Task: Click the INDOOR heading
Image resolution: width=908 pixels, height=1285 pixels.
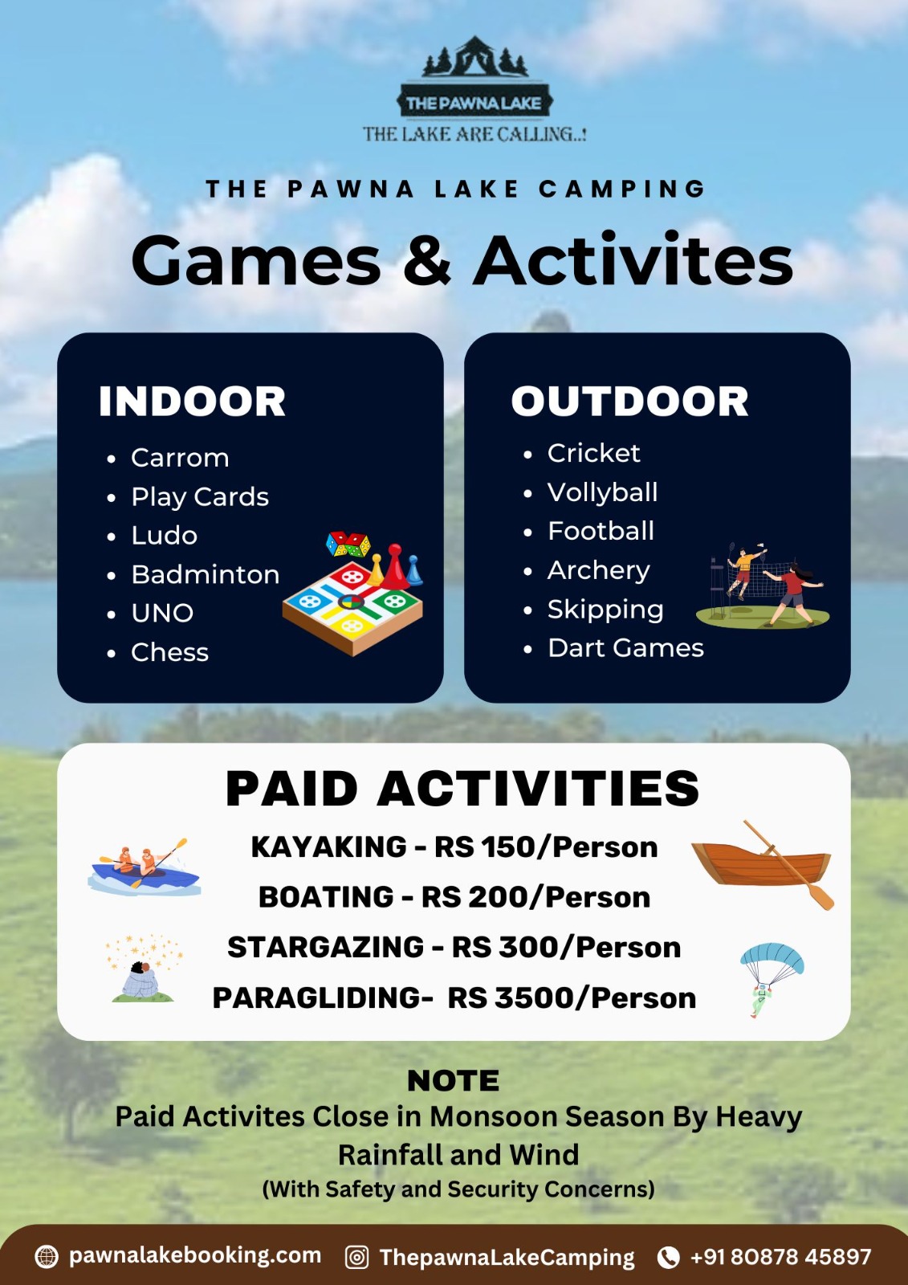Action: (x=192, y=401)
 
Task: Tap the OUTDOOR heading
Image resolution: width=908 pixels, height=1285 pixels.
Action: (x=629, y=401)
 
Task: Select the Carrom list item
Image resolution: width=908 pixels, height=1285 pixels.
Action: (x=180, y=457)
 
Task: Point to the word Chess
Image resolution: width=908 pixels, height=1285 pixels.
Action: (x=169, y=651)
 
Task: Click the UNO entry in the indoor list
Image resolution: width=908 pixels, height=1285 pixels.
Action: (x=162, y=613)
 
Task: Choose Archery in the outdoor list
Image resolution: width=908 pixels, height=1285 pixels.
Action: (x=599, y=569)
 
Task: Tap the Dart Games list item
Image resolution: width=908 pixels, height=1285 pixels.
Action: (x=625, y=647)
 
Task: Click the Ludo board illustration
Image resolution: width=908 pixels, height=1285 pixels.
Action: (x=352, y=594)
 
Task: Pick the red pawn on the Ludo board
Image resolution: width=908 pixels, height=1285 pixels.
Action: (x=395, y=567)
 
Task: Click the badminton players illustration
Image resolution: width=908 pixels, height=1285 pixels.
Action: (x=763, y=585)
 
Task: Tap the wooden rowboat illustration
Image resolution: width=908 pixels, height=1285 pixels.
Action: (x=763, y=864)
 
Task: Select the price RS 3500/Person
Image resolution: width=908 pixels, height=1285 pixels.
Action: (x=572, y=997)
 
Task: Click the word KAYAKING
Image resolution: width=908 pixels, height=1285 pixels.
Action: (x=328, y=846)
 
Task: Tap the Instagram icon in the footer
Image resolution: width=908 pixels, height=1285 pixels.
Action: (x=356, y=1257)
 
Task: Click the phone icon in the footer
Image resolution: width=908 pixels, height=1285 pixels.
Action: (x=668, y=1257)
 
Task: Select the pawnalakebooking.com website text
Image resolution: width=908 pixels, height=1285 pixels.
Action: (x=195, y=1255)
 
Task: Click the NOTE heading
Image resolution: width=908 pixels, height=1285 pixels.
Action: (x=453, y=1081)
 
